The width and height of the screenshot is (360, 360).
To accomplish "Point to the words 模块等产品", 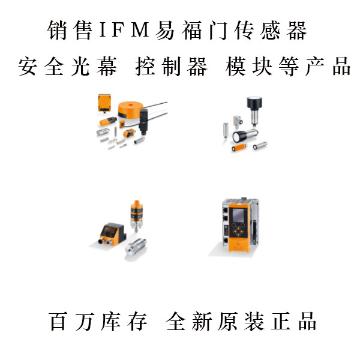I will click(x=289, y=67).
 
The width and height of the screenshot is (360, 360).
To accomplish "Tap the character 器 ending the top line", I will click(x=296, y=30).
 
